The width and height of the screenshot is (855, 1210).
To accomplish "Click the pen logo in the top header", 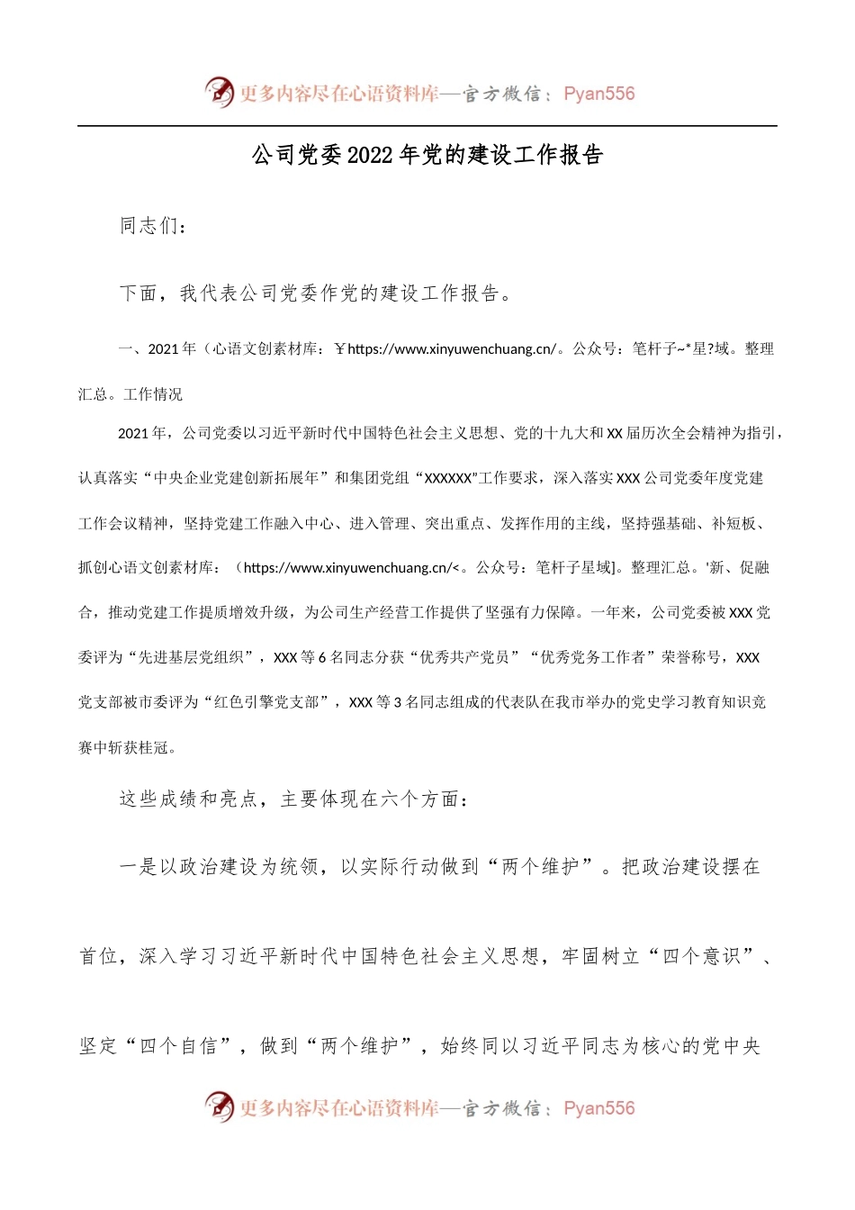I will pos(220,92).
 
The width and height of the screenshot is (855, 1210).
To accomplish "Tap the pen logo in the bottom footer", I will pos(220,1106).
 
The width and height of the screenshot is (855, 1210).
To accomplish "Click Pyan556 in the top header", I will pos(598,94).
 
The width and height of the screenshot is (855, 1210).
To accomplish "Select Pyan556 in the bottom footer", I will pos(598,1108).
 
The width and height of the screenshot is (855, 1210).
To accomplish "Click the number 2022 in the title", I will pos(370,156).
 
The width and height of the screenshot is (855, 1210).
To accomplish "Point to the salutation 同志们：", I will pos(154,226).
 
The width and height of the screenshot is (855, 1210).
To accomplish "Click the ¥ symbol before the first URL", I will pos(339,349).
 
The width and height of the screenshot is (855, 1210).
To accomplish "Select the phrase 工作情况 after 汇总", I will pos(153,394).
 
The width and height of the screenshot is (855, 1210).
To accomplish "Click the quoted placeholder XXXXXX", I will pos(447,478).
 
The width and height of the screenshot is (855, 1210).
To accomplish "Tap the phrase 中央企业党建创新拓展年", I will pos(237,478).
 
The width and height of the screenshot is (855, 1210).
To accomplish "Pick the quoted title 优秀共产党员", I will pos(471,657).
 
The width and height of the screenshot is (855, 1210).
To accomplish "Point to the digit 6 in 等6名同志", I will pos(322,657).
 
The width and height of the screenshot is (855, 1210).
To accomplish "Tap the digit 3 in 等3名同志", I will pos(398,702).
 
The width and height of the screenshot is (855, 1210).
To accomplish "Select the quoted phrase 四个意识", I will pos(701,956).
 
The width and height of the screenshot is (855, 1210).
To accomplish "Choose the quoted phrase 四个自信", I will pos(178,1046).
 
